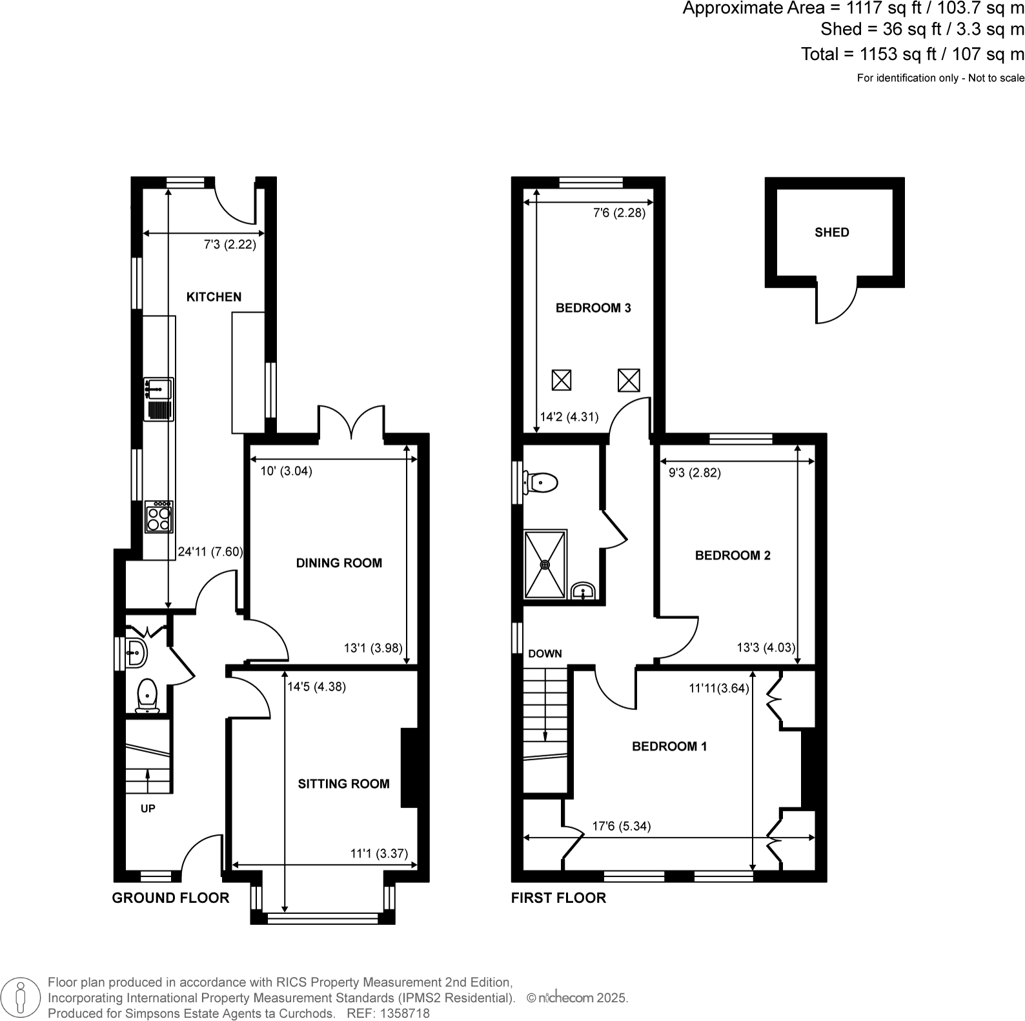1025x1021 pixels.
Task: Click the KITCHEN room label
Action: (214, 297)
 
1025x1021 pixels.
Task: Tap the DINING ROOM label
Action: (339, 563)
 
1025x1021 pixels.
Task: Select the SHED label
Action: (831, 232)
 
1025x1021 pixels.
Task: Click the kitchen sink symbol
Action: (158, 399)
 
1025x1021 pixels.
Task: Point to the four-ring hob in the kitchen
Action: (159, 517)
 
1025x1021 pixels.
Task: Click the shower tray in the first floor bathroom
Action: (545, 564)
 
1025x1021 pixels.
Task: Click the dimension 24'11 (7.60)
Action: (210, 552)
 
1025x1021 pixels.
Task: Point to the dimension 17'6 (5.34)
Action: (622, 826)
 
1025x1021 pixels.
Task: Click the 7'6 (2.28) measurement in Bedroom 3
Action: (619, 213)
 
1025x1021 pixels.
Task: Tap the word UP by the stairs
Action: (148, 809)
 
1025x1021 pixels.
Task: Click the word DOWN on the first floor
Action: (545, 654)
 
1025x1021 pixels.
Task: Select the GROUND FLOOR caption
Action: (170, 898)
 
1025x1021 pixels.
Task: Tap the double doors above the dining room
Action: (351, 423)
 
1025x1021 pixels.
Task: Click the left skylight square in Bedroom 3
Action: (562, 380)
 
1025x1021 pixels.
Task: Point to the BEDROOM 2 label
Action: (733, 555)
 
